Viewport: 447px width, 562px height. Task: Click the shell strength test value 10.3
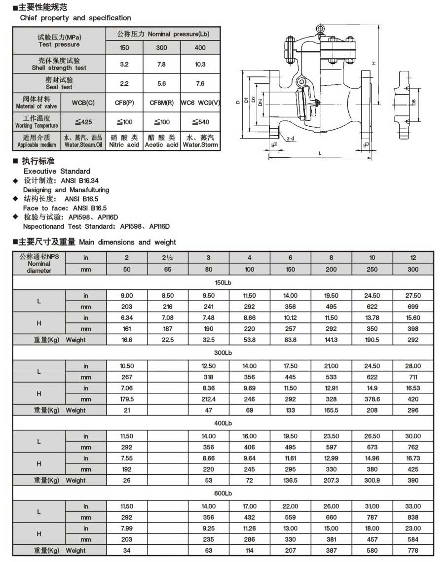point(200,64)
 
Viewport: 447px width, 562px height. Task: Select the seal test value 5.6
point(161,83)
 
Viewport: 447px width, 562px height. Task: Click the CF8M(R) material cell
point(161,103)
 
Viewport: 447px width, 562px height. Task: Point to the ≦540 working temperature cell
point(200,122)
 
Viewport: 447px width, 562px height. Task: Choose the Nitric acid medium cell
point(124,141)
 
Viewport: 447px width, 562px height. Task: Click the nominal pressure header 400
point(200,48)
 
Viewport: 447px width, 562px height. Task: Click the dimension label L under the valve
point(320,153)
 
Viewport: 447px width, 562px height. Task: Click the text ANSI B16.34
point(79,180)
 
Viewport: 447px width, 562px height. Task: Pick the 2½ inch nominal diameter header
point(168,257)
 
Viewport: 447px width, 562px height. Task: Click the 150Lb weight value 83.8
point(290,340)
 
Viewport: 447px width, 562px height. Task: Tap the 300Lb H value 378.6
point(372,399)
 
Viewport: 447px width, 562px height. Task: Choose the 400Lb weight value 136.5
point(290,480)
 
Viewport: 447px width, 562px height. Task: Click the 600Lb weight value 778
point(413,550)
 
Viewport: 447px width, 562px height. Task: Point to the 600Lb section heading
point(223,493)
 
